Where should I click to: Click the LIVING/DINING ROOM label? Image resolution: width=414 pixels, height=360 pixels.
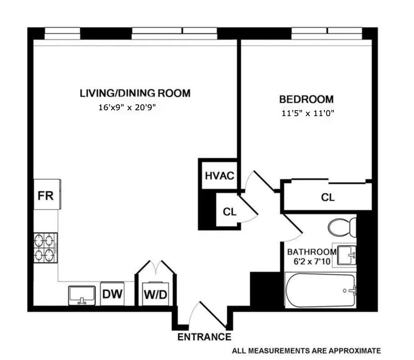pos(135,93)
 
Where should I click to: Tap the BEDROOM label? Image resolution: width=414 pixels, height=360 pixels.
pos(306,99)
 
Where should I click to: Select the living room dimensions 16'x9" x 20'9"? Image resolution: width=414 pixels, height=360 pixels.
pos(130,108)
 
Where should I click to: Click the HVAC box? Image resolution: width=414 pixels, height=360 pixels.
pos(219,175)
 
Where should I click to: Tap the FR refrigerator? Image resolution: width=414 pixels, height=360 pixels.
pos(46,196)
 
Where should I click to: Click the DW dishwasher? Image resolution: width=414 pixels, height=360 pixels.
pos(112,294)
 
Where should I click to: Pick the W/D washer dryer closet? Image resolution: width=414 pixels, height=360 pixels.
pos(155,295)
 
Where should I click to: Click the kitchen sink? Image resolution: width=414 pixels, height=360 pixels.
pos(82,296)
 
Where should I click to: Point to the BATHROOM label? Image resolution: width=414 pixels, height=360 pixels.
pos(312,252)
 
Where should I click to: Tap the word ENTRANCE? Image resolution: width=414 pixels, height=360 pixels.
pos(204,337)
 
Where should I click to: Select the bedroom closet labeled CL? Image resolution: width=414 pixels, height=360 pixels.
pos(328,197)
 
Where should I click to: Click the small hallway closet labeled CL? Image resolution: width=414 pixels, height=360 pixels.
pos(229,211)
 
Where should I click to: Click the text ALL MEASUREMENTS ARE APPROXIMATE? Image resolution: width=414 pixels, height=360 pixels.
pos(306,351)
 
